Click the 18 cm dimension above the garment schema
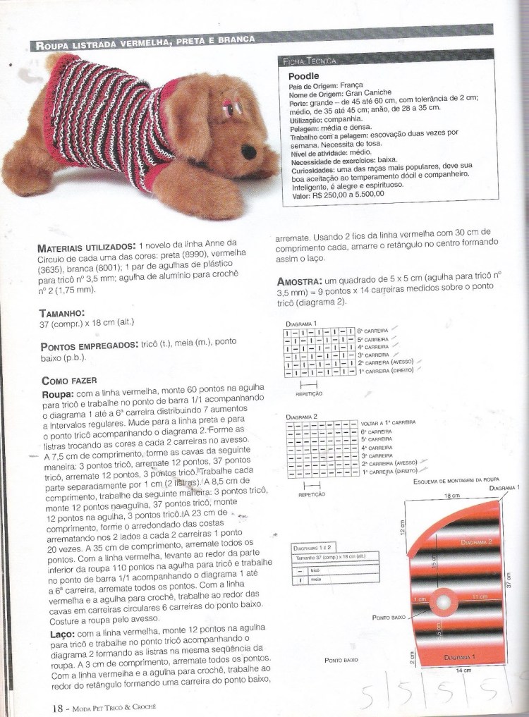click(447, 496)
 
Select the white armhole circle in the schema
click(445, 603)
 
